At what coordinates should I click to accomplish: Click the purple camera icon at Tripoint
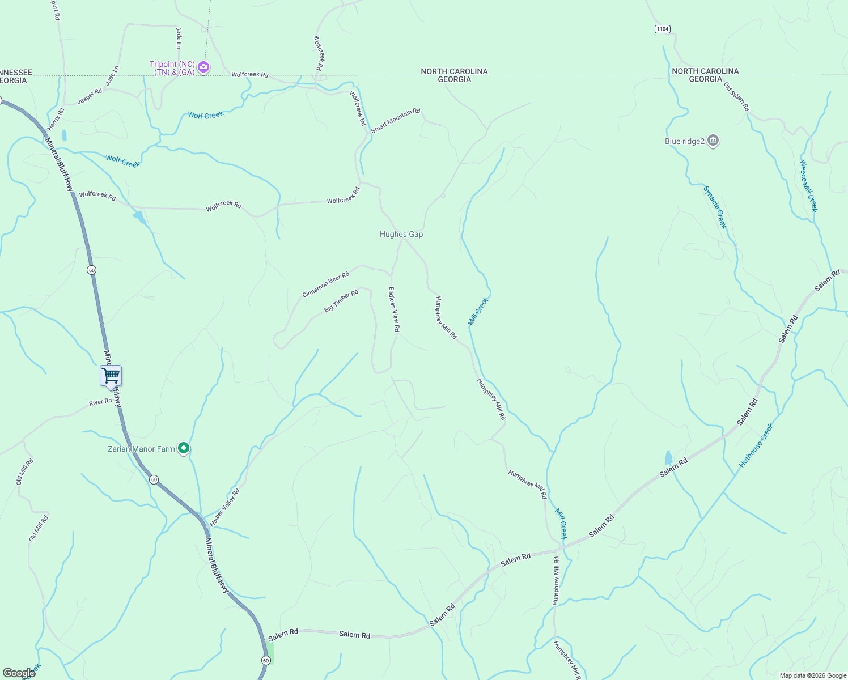[203, 68]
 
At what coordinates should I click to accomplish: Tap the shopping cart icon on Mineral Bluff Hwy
[111, 375]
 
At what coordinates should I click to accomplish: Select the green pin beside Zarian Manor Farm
[184, 449]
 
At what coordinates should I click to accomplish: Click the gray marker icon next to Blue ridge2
[714, 141]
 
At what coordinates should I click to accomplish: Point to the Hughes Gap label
[401, 234]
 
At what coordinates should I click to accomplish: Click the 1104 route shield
[662, 29]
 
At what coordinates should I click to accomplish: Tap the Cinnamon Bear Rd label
[325, 285]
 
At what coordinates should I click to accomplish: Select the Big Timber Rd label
[341, 301]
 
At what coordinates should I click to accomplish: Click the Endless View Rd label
[394, 309]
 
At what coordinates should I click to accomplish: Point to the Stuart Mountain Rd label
[396, 121]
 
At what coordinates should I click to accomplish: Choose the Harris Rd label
[56, 119]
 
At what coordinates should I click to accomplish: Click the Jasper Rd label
[90, 96]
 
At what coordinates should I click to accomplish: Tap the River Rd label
[100, 402]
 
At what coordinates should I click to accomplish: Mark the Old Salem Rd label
[736, 97]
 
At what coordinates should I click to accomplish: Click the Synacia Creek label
[715, 207]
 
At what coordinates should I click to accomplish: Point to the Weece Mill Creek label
[808, 186]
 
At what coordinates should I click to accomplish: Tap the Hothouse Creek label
[756, 445]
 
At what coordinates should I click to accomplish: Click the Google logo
[19, 673]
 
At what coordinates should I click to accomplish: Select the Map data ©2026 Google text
[813, 675]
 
